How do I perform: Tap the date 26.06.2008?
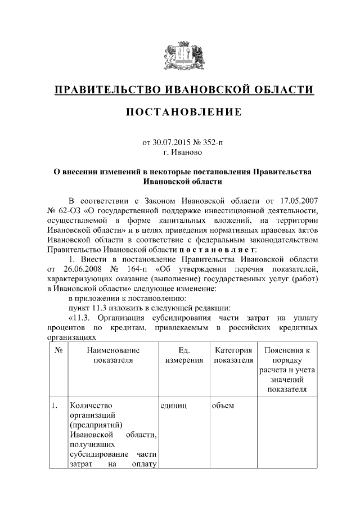point(89,269)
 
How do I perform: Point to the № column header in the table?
point(58,350)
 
